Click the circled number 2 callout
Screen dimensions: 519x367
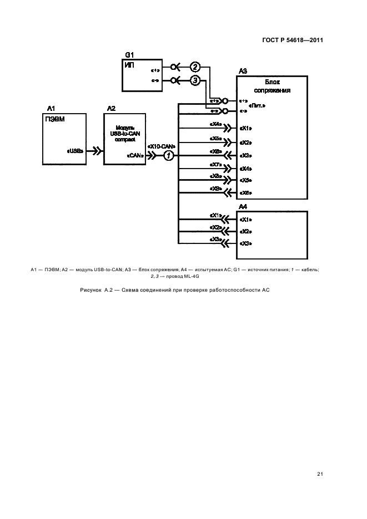click(194, 67)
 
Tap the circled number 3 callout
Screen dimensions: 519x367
click(194, 80)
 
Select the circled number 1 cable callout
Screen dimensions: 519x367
click(169, 155)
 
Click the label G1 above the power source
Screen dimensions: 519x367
click(129, 55)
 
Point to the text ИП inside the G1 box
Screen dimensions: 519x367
click(129, 65)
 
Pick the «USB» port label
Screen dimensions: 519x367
click(75, 150)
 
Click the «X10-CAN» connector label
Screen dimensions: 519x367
click(162, 146)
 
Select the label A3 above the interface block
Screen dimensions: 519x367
click(243, 71)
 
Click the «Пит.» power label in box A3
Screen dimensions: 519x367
click(257, 105)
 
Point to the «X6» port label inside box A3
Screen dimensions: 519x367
click(246, 192)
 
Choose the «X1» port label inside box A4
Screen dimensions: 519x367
click(246, 219)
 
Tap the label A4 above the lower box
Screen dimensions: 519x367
click(243, 206)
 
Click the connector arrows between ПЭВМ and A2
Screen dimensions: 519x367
click(96, 150)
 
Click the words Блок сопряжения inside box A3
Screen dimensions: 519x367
click(272, 85)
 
